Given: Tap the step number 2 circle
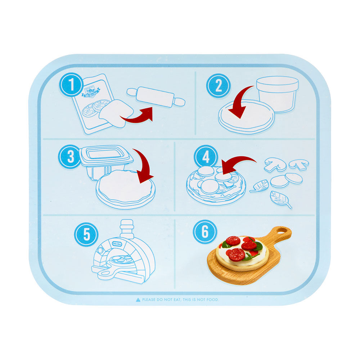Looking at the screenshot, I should click(218, 86).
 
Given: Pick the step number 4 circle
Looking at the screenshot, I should click(206, 158).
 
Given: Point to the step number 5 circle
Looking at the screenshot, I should click(86, 234).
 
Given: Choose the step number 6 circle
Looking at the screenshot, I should click(205, 231).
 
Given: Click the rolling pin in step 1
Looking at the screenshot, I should click(156, 97).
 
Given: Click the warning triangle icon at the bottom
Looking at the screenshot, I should click(138, 300).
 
